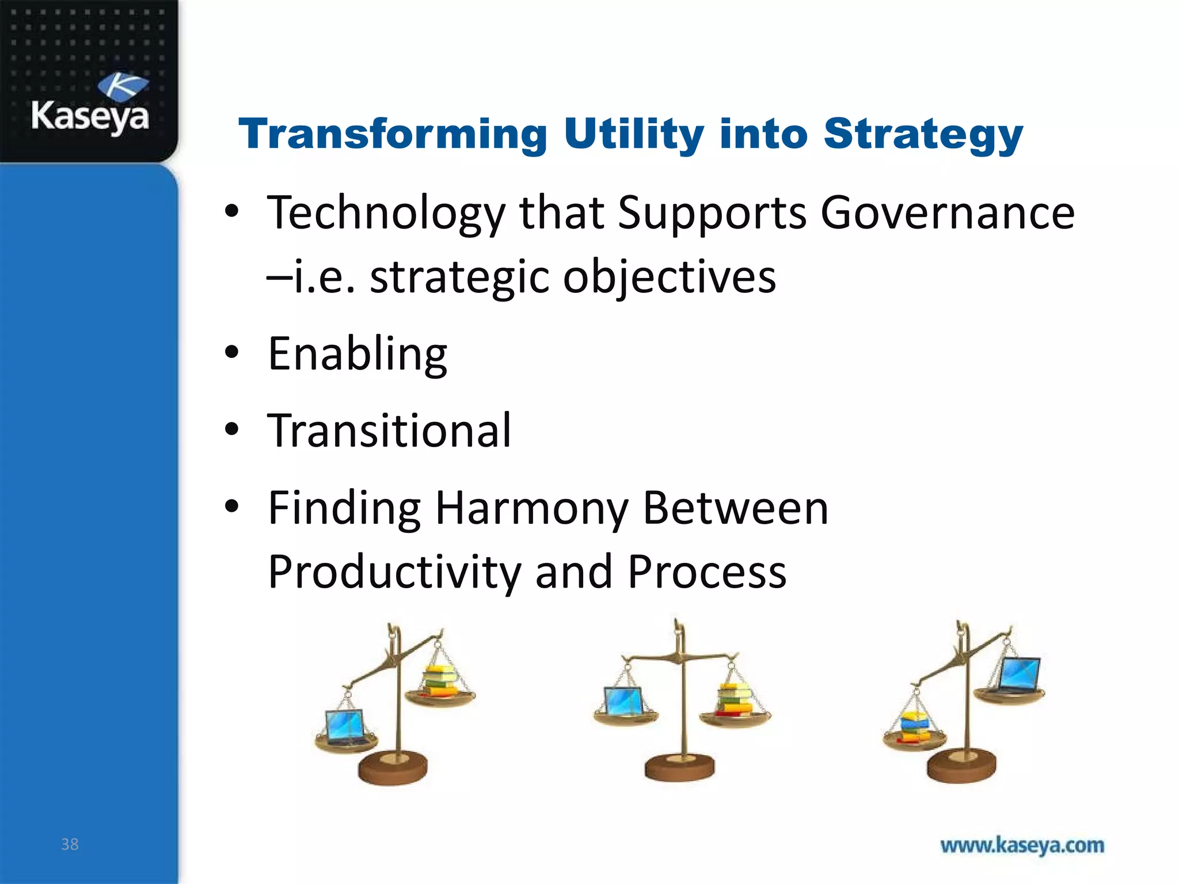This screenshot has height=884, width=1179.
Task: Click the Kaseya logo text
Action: [90, 117]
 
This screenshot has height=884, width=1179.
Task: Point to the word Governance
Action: [947, 213]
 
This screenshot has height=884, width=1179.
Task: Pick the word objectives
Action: [669, 278]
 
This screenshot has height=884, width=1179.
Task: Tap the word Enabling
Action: [357, 355]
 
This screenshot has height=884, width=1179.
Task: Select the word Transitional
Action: [389, 430]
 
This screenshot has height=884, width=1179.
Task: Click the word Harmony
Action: [531, 509]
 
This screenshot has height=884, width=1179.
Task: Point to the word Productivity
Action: [394, 573]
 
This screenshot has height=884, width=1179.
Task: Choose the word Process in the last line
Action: [706, 573]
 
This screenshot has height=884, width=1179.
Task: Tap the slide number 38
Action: [70, 844]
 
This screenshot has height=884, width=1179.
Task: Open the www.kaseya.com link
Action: [1022, 845]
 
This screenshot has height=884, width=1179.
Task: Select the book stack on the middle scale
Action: [735, 699]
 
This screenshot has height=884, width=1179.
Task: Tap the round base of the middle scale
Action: [680, 768]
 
